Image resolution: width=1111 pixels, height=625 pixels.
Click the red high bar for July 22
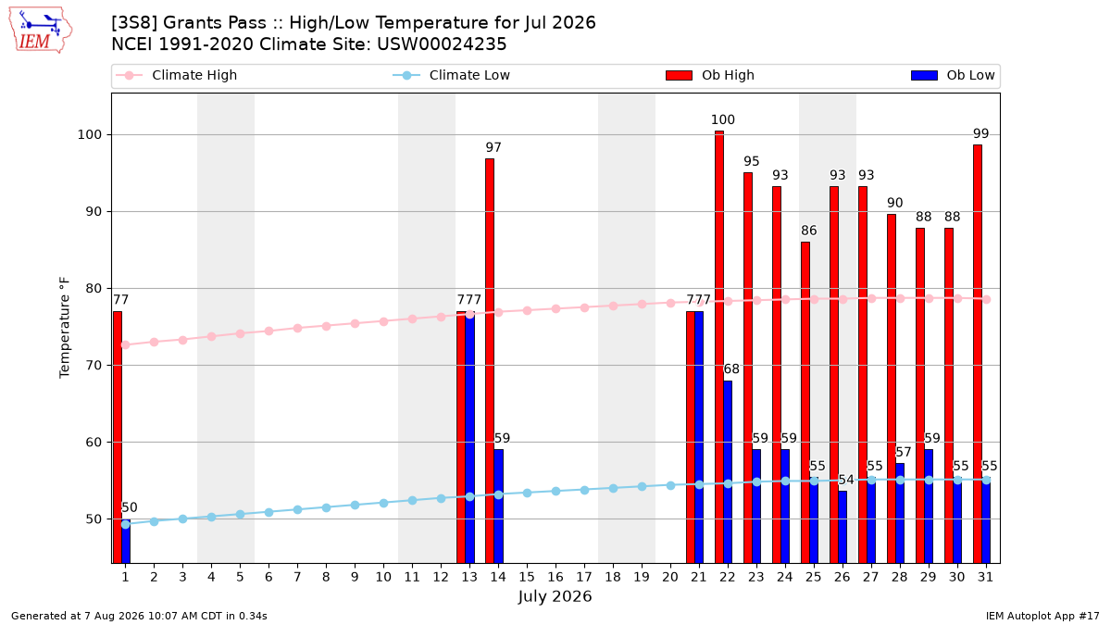pyautogui.click(x=719, y=346)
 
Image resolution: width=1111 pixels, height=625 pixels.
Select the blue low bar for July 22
pyautogui.click(x=728, y=471)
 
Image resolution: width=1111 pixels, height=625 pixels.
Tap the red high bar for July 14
pyautogui.click(x=490, y=360)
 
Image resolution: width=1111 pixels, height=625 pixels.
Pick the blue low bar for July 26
pyautogui.click(x=843, y=527)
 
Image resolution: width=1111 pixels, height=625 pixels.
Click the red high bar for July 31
pyautogui.click(x=978, y=354)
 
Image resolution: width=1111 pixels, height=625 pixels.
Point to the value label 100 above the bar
pyautogui.click(x=723, y=119)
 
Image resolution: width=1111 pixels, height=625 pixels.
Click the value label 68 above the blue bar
pyautogui.click(x=731, y=369)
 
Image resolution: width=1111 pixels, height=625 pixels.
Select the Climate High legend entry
pyautogui.click(x=176, y=75)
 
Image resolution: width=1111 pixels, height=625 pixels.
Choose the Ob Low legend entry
pyautogui.click(x=953, y=75)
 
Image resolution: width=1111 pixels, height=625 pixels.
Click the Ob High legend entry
pyautogui.click(x=710, y=75)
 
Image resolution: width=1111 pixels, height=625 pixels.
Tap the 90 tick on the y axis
pyautogui.click(x=92, y=212)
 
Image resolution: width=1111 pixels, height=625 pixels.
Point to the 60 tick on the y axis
pyautogui.click(x=94, y=442)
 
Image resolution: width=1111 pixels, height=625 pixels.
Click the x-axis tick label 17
pyautogui.click(x=584, y=577)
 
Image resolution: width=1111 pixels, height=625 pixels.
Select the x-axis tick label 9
pyautogui.click(x=355, y=577)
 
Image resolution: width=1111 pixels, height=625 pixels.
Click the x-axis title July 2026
pyautogui.click(x=555, y=596)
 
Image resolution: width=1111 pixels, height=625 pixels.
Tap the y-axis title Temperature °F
pyautogui.click(x=65, y=328)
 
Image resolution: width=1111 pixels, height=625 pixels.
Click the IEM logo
pyautogui.click(x=41, y=31)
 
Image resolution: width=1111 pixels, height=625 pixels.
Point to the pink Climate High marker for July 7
pyautogui.click(x=297, y=329)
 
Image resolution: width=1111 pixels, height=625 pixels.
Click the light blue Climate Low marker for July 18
pyautogui.click(x=613, y=489)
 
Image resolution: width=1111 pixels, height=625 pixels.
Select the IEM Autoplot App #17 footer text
pyautogui.click(x=1042, y=616)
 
